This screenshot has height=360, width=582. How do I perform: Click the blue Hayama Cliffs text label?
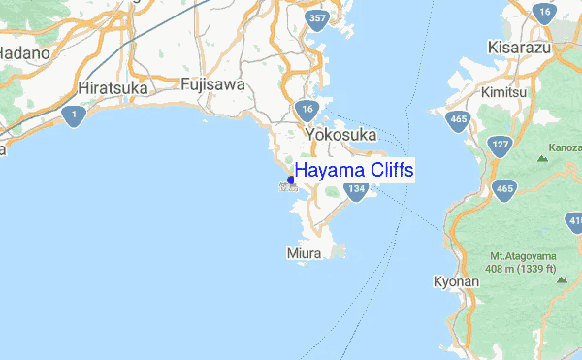pos(355,171)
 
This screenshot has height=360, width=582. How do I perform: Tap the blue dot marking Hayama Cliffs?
pos(292,180)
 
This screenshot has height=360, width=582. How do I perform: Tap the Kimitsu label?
pos(504,92)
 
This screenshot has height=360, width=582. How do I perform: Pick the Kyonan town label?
pos(456,282)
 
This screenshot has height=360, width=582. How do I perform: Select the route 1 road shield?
pos(73,115)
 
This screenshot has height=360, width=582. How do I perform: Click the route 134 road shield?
pos(356,189)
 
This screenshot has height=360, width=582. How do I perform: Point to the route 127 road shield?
pos(501,146)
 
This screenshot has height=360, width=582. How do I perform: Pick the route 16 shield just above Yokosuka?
pos(307,108)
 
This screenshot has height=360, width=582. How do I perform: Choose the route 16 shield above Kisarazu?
pos(544,14)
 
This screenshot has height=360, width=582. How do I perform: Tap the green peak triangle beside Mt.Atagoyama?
pos(561,280)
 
